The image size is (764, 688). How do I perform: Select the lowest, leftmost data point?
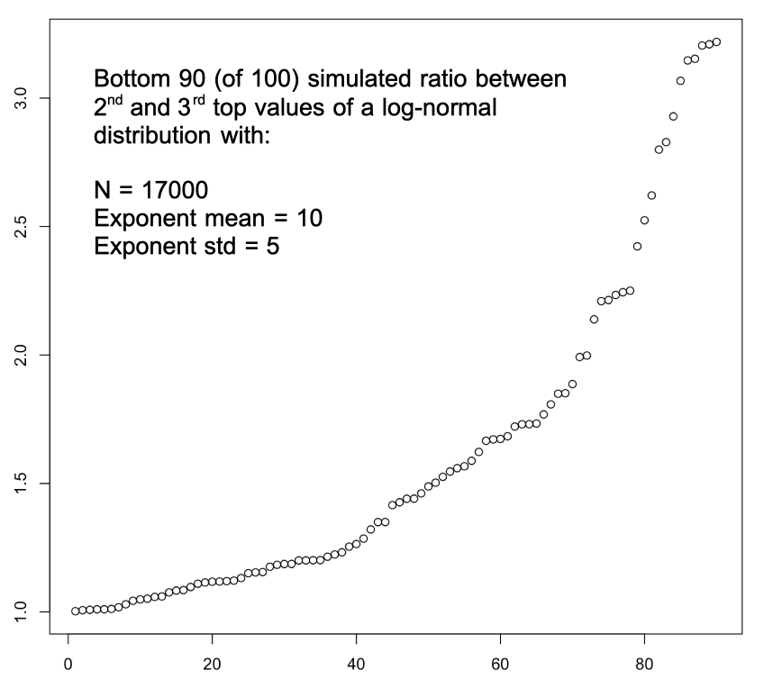click(x=76, y=611)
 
